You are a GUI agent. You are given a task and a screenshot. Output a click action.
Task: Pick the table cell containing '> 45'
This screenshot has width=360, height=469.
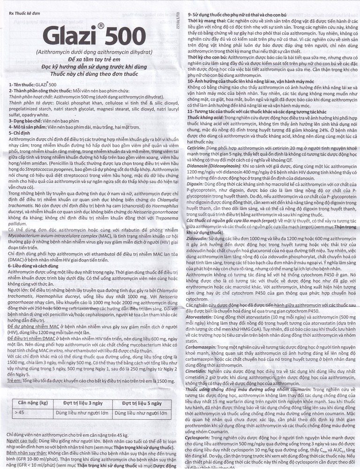(20, 412)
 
